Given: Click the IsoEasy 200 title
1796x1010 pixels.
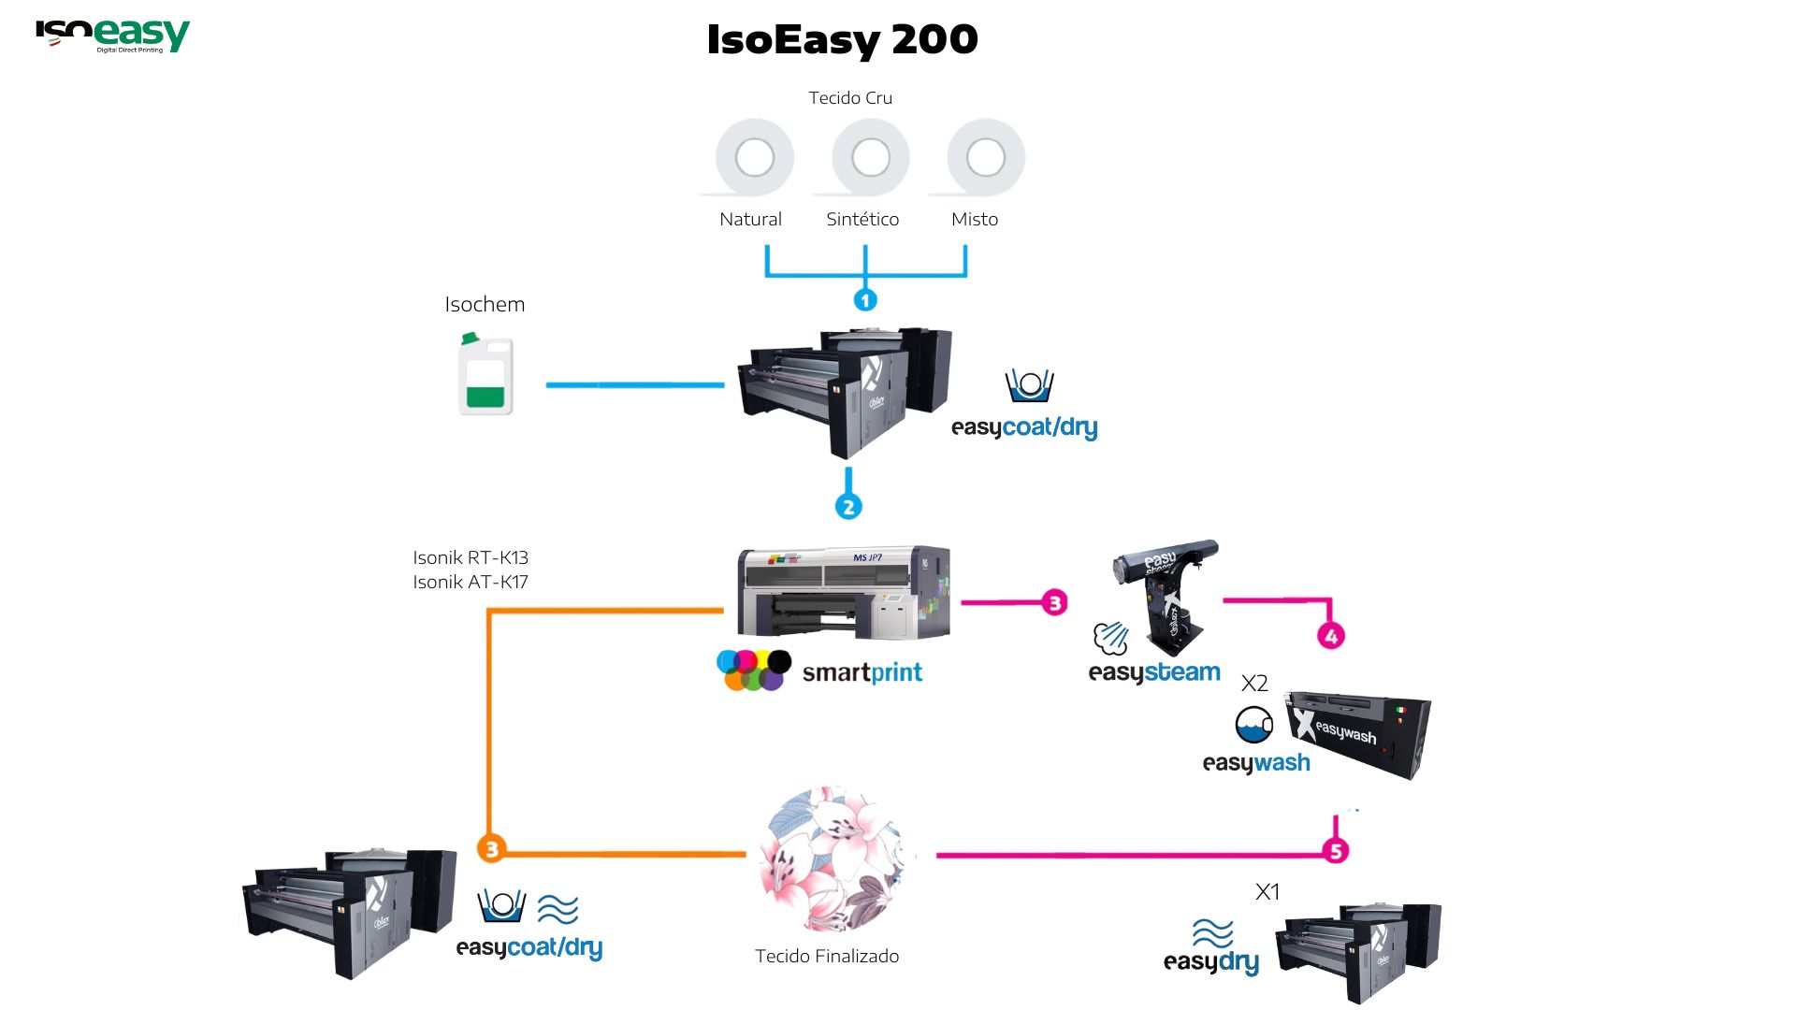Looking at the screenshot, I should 842,39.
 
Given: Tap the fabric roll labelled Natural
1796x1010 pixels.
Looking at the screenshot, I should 754,157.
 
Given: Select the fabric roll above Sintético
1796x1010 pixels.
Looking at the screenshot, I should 870,157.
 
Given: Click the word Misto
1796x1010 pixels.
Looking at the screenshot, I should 975,219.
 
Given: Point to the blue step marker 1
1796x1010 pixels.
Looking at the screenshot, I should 865,300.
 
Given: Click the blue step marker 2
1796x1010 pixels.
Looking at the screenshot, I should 848,507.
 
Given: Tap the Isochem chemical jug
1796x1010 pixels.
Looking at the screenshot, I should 485,375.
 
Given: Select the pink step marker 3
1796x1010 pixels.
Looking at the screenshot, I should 1055,602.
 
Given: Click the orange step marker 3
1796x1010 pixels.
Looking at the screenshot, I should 491,848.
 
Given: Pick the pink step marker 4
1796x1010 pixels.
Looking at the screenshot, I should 1331,636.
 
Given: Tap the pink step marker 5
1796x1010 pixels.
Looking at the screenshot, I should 1336,851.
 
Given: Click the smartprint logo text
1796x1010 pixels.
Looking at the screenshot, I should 862,672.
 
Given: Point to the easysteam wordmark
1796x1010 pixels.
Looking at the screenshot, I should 1154,672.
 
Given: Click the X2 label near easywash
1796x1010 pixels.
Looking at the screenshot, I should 1254,684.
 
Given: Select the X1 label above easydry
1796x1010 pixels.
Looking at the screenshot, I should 1267,892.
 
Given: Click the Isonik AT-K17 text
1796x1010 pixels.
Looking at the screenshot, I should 471,582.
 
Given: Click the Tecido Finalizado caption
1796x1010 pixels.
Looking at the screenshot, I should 827,956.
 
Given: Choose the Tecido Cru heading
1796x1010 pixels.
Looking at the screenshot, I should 850,98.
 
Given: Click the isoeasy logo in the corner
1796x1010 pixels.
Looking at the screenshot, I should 112,36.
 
